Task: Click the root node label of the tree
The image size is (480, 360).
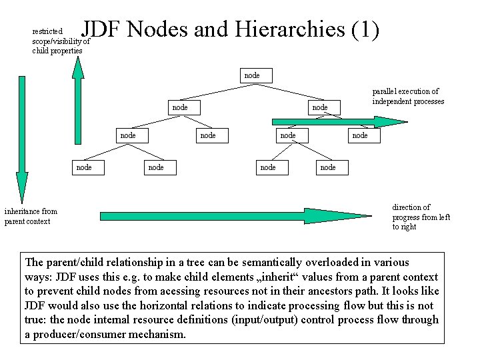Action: point(252,75)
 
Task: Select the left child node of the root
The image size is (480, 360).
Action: point(180,107)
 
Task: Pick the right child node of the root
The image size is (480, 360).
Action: point(320,107)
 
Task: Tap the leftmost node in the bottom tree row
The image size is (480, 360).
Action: point(84,167)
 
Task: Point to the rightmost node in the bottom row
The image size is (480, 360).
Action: point(328,167)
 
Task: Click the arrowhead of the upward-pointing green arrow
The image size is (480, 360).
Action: point(78,67)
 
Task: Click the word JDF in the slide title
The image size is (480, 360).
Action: point(101,29)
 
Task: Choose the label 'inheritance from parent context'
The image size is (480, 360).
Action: point(31,216)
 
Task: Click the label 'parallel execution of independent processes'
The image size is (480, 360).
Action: point(408,96)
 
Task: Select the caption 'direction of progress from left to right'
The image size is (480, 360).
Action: point(421,217)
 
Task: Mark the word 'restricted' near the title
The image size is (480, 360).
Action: point(47,31)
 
